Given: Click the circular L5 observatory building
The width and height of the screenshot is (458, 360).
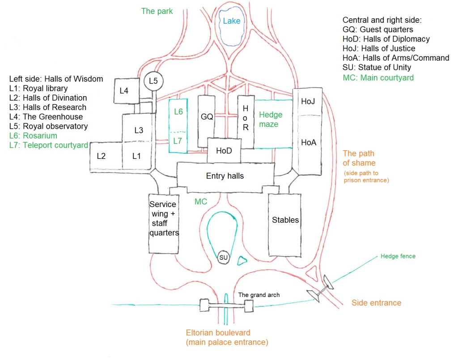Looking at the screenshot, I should tap(154, 81).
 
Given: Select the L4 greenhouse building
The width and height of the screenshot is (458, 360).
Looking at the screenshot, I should tap(127, 91).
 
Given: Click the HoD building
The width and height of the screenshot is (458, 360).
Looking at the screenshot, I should tap(224, 151).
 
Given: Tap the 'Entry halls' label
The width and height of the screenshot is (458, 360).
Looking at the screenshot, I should tap(225, 176).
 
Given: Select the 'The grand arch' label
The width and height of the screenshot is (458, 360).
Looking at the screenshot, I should tap(259, 295).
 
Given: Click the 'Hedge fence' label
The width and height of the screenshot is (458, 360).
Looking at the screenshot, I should tap(398, 256).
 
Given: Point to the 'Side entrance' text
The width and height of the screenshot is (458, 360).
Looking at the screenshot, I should tap(376, 303).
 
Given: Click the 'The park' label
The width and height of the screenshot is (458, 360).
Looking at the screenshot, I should tap(157, 11).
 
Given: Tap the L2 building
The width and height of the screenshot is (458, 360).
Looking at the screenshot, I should tap(101, 156).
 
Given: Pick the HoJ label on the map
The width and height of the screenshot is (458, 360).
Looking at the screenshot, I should tap(308, 102).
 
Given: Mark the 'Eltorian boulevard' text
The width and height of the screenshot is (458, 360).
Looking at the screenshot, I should tap(218, 333).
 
